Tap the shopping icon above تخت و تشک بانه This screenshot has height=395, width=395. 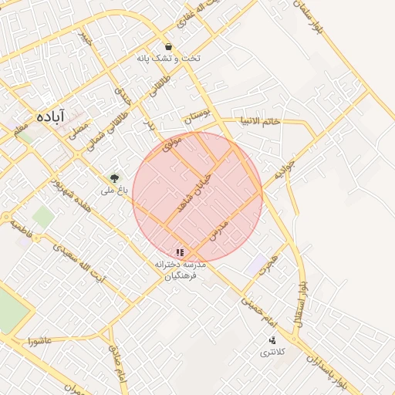tap(168, 46)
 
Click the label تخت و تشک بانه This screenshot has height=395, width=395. tap(168, 59)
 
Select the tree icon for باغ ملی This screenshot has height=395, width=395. tap(115, 177)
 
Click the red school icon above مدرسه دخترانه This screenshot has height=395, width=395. tap(180, 252)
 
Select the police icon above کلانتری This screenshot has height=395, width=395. tap(272, 340)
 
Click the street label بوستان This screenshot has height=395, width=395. tap(196, 119)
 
